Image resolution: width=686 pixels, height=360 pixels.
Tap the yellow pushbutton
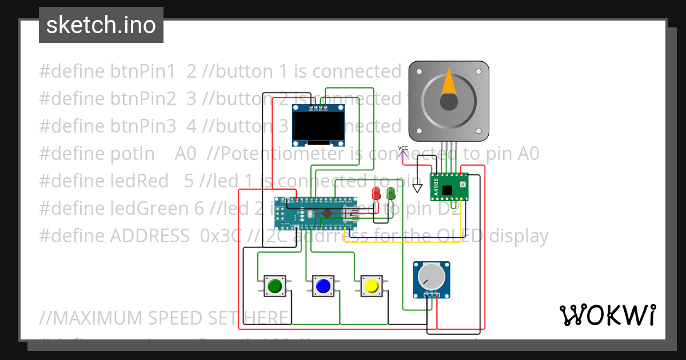click(371, 286)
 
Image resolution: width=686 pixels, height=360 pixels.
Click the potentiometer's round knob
click(431, 277)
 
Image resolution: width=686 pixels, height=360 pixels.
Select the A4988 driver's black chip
click(447, 189)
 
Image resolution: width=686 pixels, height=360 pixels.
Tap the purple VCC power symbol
click(403, 151)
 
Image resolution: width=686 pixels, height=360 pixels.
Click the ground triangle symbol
click(417, 187)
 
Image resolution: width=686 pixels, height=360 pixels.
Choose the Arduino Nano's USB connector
click(350, 214)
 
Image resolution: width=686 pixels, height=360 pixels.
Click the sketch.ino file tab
click(101, 25)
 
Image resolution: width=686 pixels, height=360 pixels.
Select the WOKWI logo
click(607, 315)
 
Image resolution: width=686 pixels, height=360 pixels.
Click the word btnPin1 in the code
click(143, 71)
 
